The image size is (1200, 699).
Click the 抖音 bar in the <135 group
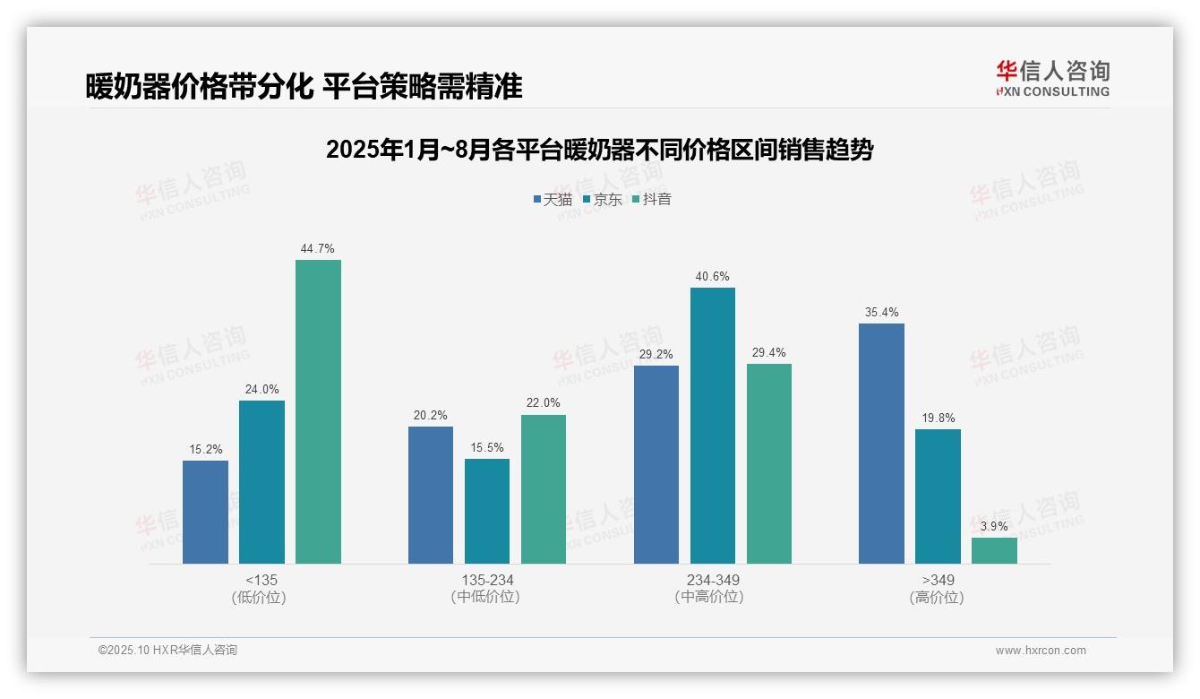318,412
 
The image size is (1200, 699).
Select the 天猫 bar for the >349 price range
881,444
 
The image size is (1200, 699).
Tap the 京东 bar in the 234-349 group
712,426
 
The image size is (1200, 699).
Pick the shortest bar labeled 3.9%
994,550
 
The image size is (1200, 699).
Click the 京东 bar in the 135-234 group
487,511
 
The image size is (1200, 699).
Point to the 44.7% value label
318,249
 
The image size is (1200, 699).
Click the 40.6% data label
712,277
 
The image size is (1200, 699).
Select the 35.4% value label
881,313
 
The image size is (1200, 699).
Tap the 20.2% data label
431,416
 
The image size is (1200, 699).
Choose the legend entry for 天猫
553,200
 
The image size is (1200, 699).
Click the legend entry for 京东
603,200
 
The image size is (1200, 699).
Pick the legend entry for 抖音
652,200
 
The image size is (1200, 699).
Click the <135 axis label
261,580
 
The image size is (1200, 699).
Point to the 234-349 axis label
713,580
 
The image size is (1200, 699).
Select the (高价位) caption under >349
938,598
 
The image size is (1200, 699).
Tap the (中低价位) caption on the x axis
486,598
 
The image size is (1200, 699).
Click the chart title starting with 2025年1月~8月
599,150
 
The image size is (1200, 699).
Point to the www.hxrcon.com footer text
1041,651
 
